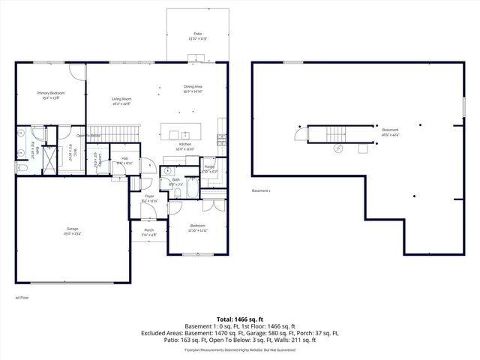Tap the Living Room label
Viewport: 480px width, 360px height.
(121, 101)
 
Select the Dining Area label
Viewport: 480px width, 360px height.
(193, 88)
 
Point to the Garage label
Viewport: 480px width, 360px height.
(72, 231)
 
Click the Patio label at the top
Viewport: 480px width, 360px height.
(197, 35)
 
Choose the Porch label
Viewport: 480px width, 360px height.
(148, 232)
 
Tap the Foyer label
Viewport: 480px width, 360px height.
(149, 198)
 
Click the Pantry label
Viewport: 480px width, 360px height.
(208, 169)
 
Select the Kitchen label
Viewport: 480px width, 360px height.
(184, 147)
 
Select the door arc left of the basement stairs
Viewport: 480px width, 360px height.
(301, 134)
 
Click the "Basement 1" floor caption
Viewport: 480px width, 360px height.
(261, 190)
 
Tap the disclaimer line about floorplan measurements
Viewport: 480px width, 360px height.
(240, 349)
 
